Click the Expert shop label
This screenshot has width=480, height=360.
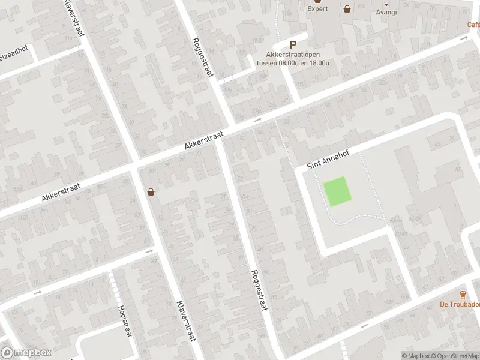click(x=317, y=9)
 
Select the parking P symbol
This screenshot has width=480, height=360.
click(x=293, y=44)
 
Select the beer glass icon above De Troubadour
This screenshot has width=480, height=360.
click(x=462, y=294)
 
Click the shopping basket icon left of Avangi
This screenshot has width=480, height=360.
click(x=347, y=8)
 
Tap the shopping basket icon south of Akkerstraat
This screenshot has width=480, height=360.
click(x=151, y=192)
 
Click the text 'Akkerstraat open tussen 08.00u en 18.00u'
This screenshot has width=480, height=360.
click(x=293, y=58)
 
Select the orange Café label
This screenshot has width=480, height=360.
click(x=473, y=25)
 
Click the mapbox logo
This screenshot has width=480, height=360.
click(x=26, y=353)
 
